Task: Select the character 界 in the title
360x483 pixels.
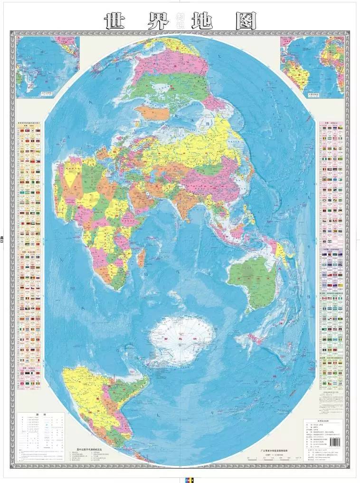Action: pos(159,20)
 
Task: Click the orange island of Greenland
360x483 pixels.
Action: pos(152,113)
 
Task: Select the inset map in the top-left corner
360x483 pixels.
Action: pos(47,67)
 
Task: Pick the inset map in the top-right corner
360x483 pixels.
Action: pos(312,67)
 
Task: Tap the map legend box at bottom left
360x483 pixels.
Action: pos(42,433)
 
